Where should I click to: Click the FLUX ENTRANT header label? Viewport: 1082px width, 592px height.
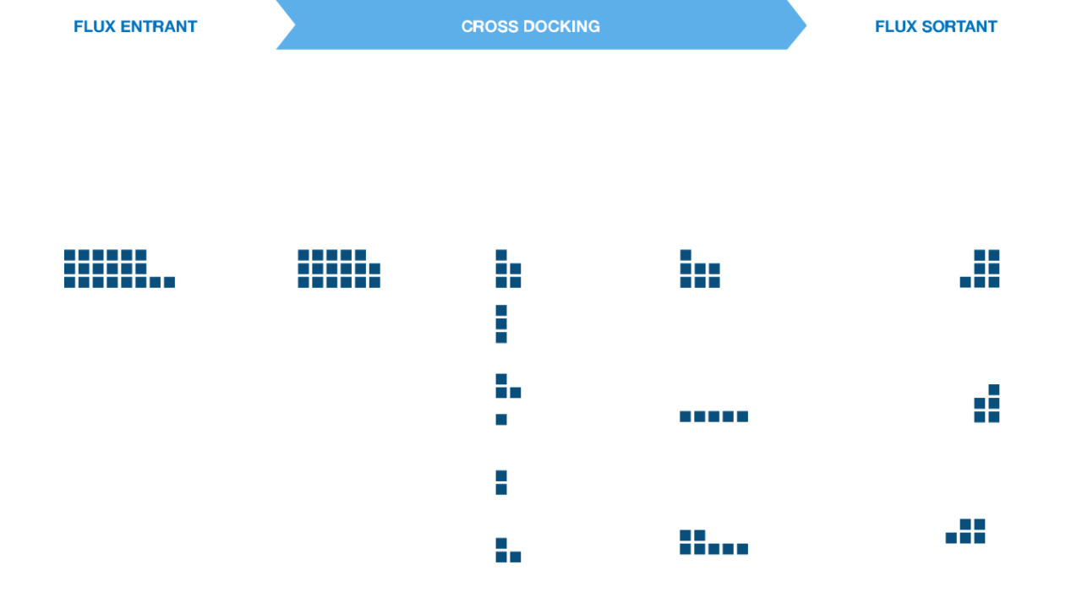click(135, 26)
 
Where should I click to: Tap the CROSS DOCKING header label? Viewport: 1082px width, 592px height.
click(530, 26)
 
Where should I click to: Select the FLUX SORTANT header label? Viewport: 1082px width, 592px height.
click(936, 26)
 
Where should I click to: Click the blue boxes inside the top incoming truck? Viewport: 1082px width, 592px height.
click(114, 268)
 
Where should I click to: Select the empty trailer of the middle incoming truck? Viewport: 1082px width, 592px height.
click(146, 399)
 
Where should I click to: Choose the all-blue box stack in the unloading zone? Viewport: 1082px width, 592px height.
click(338, 269)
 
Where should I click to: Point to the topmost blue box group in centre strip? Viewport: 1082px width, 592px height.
click(507, 269)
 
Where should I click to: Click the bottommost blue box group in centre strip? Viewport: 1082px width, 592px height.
click(507, 551)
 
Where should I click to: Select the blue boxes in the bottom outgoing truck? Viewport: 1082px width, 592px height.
click(967, 531)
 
